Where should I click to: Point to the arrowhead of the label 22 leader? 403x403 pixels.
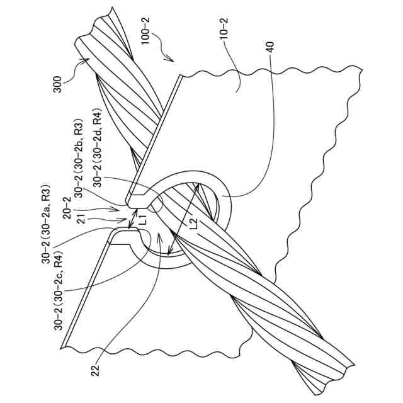click(x=159, y=234)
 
